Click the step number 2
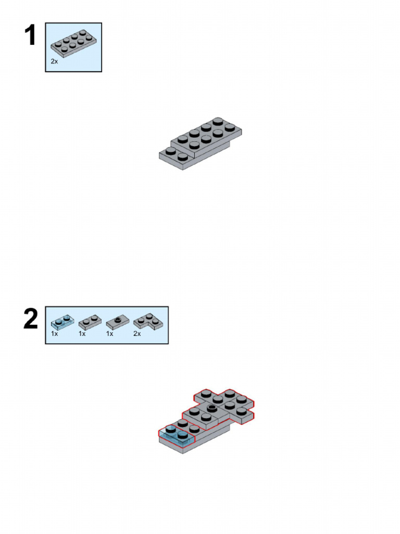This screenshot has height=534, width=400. (x=30, y=319)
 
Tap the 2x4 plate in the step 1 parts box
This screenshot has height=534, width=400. (x=73, y=45)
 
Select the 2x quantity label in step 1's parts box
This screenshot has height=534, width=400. (x=55, y=62)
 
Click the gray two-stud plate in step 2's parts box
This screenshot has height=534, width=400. (x=89, y=321)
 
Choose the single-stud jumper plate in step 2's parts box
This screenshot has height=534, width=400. (x=117, y=321)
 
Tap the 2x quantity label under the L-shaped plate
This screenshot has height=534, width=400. (x=137, y=334)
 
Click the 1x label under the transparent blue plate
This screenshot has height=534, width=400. (x=54, y=334)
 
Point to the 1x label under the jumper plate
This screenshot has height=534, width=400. (x=109, y=334)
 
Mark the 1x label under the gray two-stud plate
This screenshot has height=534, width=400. (x=82, y=334)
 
